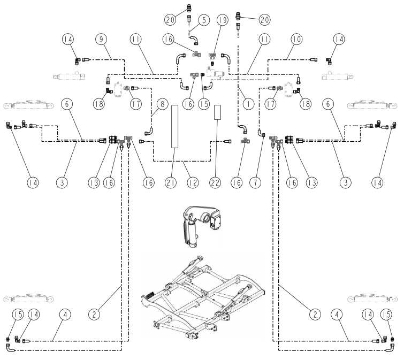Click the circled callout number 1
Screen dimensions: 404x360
248,104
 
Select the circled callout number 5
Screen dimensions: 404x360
204,20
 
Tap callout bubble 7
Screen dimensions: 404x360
255,182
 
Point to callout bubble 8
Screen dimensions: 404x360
162,104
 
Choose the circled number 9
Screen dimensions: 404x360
101,39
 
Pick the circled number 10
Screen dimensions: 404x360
296,39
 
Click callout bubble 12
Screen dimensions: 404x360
193,182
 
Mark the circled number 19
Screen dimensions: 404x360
223,20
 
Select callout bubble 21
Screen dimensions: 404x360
171,182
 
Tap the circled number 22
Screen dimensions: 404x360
216,182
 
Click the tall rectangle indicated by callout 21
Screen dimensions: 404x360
174,126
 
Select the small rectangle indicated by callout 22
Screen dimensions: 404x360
217,112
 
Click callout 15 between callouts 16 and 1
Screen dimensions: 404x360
204,104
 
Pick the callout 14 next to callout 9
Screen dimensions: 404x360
68,39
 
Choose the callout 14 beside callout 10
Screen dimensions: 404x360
339,39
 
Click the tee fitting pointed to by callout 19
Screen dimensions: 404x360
213,56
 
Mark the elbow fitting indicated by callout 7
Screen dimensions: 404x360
261,133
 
